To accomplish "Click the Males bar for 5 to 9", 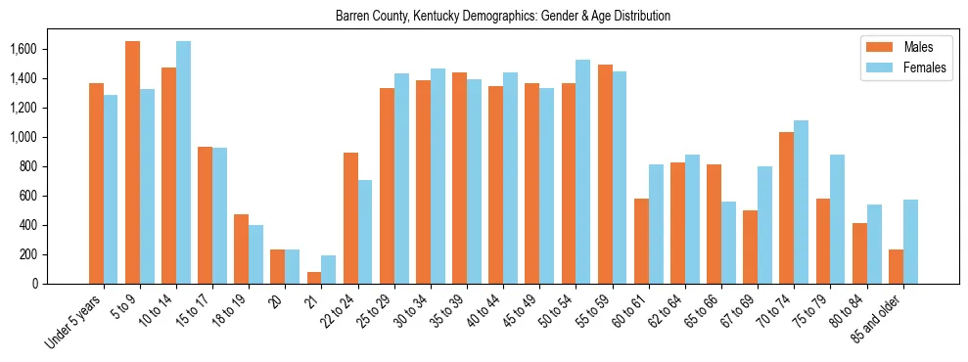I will [132, 162].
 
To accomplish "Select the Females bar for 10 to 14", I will [183, 162].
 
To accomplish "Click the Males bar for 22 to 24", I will [350, 218].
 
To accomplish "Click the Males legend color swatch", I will [878, 47].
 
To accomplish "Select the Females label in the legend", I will [924, 68].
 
